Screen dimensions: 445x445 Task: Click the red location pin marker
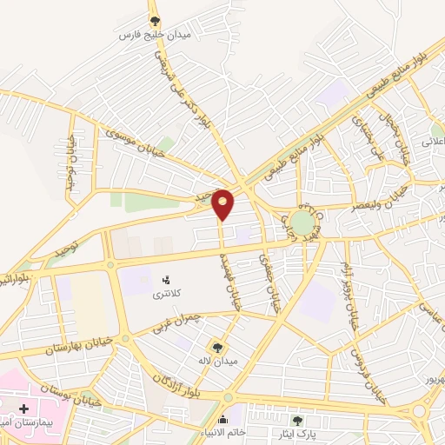coord(223,203)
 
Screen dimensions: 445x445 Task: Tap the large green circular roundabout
coord(302,222)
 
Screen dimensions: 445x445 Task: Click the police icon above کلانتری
coord(166,280)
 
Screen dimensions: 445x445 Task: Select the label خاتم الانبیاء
coord(224,433)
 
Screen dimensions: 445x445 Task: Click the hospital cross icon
coord(24,408)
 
